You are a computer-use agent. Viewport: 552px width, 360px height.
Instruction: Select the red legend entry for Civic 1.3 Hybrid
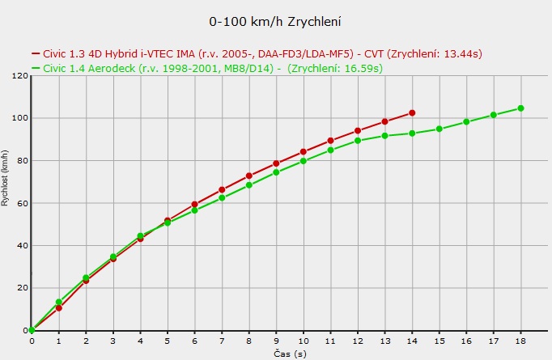pos(257,54)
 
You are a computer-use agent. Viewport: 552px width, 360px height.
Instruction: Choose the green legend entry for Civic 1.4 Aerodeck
pos(206,68)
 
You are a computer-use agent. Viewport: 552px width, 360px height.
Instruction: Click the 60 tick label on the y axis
pos(23,203)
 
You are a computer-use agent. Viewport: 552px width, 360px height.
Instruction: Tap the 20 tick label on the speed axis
pos(23,288)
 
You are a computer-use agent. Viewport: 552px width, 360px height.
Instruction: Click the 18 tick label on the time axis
pos(521,342)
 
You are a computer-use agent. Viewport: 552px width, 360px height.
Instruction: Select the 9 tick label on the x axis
pos(276,342)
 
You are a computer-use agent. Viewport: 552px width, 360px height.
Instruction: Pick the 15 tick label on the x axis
pos(439,342)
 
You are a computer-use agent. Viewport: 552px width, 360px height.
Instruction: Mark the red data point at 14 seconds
pos(412,113)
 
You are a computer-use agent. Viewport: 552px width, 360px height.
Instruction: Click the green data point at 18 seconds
pos(521,108)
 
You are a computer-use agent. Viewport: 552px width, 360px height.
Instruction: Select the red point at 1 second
pos(59,308)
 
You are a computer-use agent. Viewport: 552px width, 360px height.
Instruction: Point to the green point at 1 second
pos(58,302)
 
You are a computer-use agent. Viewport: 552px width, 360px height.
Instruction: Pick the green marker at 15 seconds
pos(439,129)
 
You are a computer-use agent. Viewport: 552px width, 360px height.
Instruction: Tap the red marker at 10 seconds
pos(304,151)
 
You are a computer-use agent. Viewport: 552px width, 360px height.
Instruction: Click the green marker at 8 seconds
pos(249,185)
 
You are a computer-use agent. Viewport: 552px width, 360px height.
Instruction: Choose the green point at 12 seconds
pos(358,141)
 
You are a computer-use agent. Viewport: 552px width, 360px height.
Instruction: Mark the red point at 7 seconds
pos(222,190)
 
